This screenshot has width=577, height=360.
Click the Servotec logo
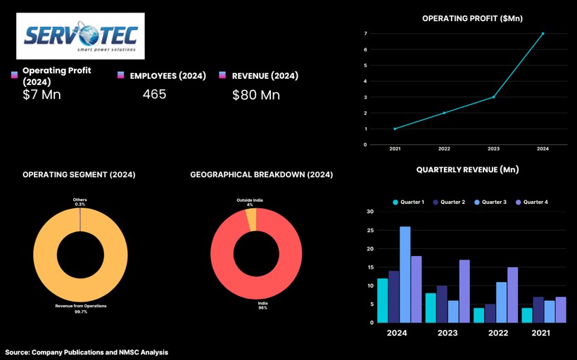click(x=80, y=35)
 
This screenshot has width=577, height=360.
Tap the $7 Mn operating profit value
click(x=42, y=94)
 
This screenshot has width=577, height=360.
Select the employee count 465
click(x=154, y=94)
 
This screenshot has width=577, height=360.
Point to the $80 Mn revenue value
click(x=256, y=94)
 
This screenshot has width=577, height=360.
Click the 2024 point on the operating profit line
click(x=543, y=33)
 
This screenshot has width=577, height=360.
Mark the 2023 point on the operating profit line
click(x=493, y=97)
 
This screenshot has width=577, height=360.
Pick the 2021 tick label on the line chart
click(x=395, y=149)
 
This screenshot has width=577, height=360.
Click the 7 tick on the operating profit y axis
click(x=365, y=33)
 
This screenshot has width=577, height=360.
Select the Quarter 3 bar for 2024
click(x=405, y=274)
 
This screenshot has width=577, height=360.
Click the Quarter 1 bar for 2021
click(x=527, y=315)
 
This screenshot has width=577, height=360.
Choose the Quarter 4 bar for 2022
click(x=512, y=295)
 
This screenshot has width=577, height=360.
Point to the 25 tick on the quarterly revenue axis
click(x=370, y=230)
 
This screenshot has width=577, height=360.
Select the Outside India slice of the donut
click(x=251, y=219)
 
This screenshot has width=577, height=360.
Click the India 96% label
click(x=262, y=305)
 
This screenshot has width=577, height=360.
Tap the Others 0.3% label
click(x=80, y=202)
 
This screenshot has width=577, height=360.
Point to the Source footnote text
click(x=87, y=352)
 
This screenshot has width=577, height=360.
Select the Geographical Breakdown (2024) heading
click(x=261, y=174)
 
